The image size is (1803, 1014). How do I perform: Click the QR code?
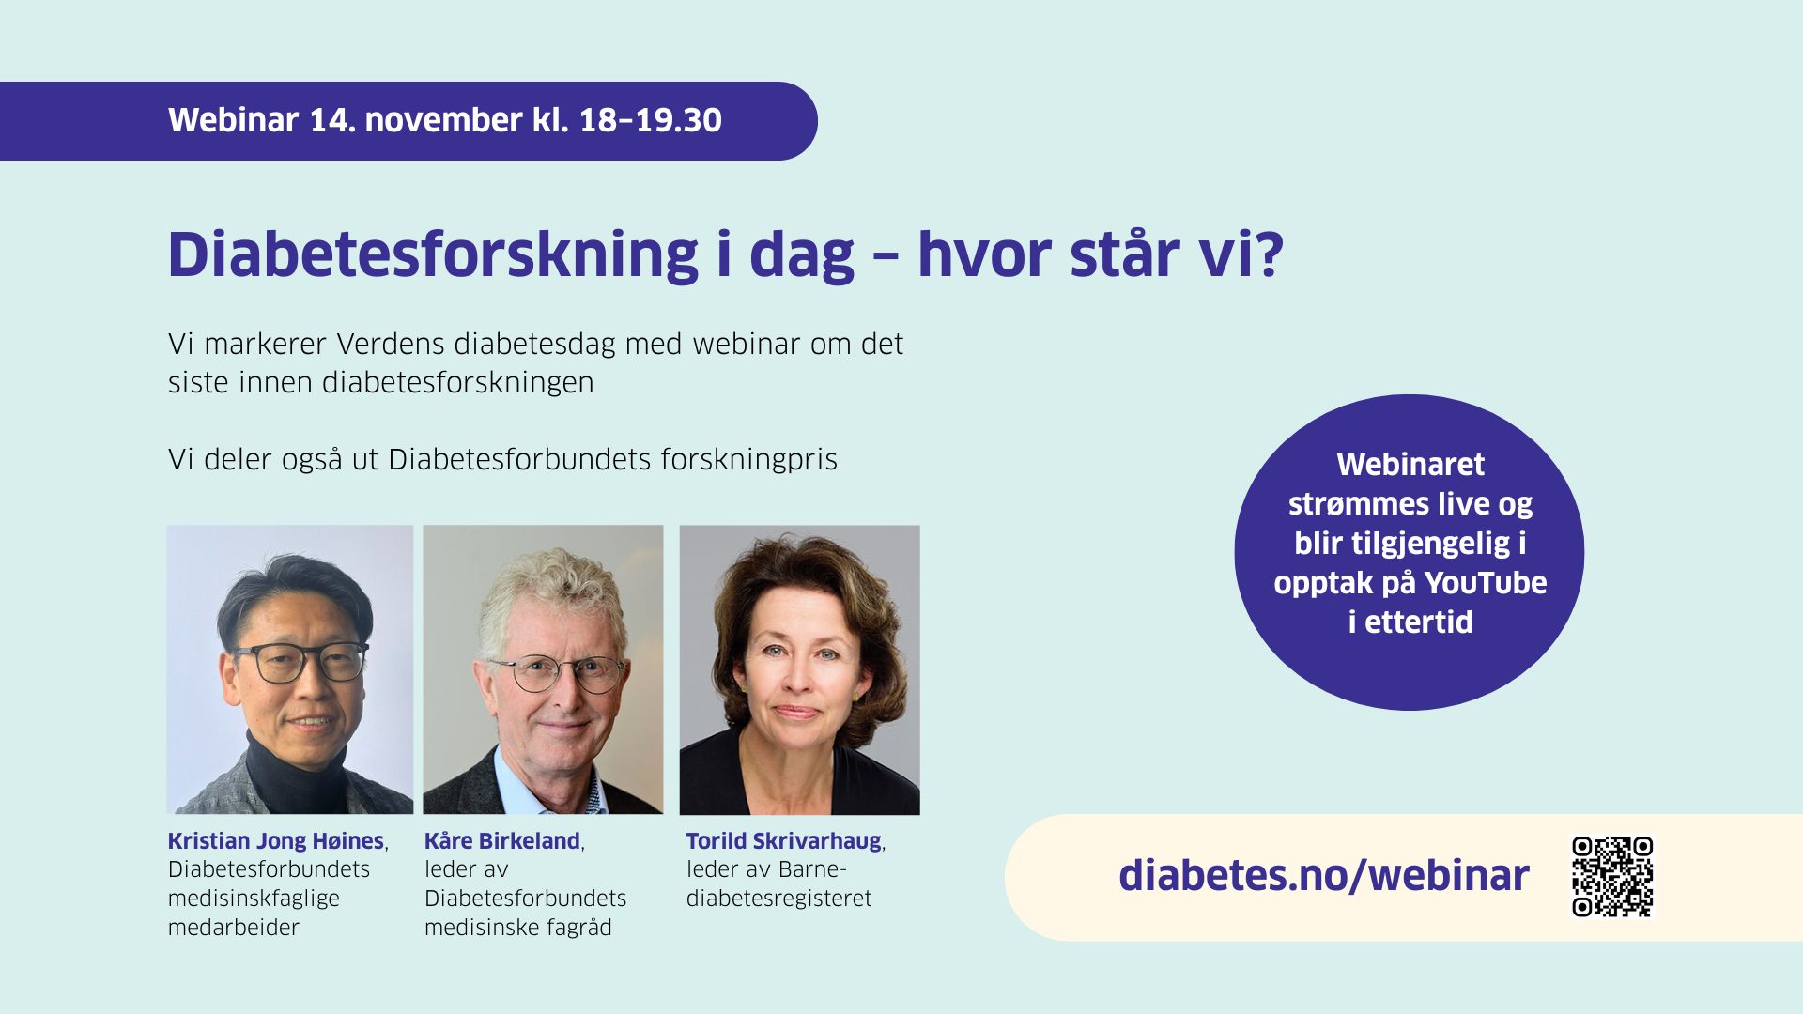1612,876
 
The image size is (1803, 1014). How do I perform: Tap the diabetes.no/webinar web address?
1323,875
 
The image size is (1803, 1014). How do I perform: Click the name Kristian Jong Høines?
276,841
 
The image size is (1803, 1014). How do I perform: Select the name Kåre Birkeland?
501,841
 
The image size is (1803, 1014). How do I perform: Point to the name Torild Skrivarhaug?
783,841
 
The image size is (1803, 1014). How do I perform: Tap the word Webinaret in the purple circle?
1410,465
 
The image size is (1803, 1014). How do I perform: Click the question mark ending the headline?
1270,254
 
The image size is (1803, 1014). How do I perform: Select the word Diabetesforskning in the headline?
433,254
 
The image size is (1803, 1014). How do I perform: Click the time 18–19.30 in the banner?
651,120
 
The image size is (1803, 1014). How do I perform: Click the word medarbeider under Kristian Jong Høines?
234,928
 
